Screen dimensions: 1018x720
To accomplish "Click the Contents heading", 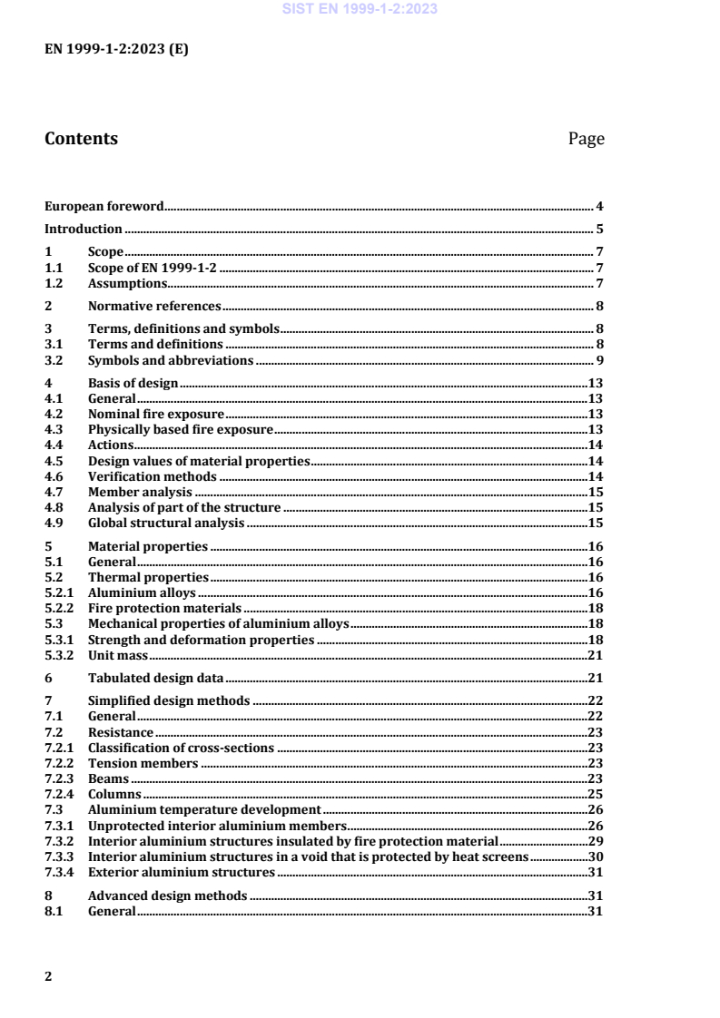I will coord(81,139).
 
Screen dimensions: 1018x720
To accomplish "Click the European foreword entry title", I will coord(104,207).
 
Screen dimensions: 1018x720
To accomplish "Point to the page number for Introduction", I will coord(600,229).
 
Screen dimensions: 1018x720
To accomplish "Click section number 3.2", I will coord(54,360).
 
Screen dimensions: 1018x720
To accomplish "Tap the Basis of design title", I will coord(133,384).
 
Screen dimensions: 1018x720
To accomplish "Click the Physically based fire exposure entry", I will coord(180,428).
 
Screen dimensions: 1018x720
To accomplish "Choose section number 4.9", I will coord(54,524).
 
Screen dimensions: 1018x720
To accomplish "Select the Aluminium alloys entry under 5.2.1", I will coord(142,592).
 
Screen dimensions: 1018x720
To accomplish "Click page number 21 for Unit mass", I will coord(597,654).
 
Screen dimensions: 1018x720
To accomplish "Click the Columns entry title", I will coord(114,794).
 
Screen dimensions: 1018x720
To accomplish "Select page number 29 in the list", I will coord(597,841).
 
